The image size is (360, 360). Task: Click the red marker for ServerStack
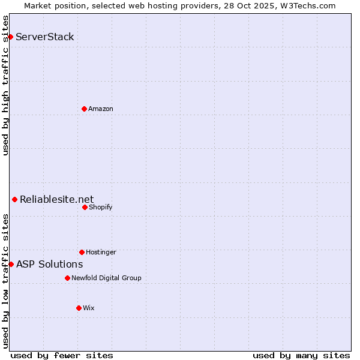click(10, 37)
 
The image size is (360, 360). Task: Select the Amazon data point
click(84, 109)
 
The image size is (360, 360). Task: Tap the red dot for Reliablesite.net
click(14, 199)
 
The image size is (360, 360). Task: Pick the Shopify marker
click(85, 207)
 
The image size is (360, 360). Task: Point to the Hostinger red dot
click(82, 252)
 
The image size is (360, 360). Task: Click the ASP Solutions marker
click(11, 264)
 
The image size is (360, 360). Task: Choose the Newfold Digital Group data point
click(67, 278)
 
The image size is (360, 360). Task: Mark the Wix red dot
click(79, 308)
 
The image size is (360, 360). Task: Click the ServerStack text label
click(45, 37)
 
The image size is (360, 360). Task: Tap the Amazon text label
click(101, 109)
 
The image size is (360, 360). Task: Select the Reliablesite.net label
click(57, 200)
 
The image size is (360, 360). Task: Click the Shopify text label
click(101, 207)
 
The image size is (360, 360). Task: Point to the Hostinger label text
click(101, 252)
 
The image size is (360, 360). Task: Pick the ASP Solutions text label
click(50, 264)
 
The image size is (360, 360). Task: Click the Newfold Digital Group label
click(106, 278)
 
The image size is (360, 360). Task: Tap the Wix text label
click(89, 308)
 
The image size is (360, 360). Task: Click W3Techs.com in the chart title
click(306, 5)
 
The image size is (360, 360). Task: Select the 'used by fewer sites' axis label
click(62, 355)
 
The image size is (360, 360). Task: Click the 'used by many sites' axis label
click(301, 355)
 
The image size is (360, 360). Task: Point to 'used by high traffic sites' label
click(5, 85)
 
